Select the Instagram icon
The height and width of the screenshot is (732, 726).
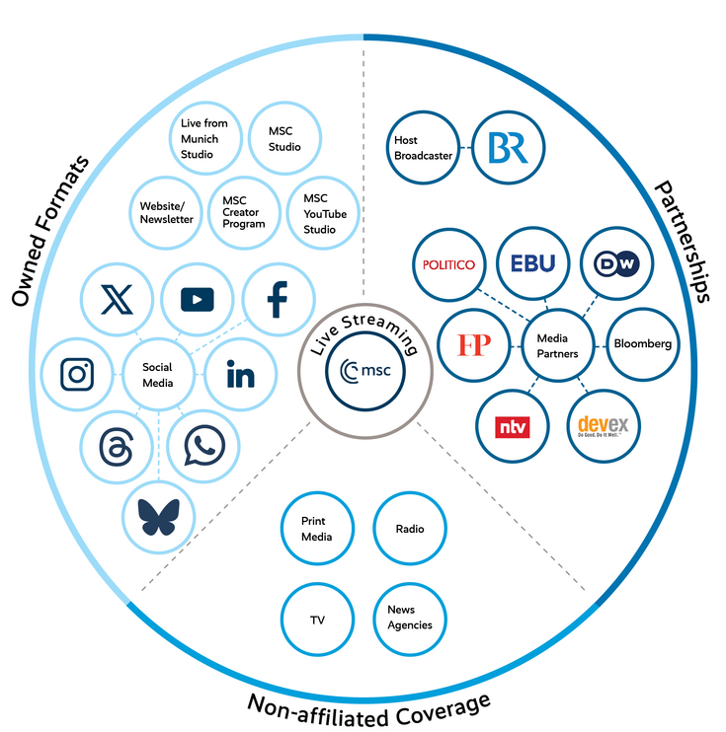[x=77, y=375]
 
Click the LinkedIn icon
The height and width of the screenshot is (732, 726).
[x=240, y=375]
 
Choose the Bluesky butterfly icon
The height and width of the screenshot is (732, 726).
[x=158, y=516]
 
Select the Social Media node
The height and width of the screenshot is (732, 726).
[x=158, y=375]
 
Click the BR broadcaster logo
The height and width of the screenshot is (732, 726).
[x=508, y=149]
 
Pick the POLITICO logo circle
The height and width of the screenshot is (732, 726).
[x=448, y=264]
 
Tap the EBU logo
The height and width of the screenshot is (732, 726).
[x=532, y=264]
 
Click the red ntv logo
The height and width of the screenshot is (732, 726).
[x=513, y=426]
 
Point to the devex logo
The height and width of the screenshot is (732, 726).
[x=603, y=426]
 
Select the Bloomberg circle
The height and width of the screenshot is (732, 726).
[x=642, y=344]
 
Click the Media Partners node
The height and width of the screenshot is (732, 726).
[x=557, y=344]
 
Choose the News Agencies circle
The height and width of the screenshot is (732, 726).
[x=409, y=619]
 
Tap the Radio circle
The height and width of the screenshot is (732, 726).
[x=409, y=529]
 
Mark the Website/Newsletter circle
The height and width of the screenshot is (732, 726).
[x=166, y=212]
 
